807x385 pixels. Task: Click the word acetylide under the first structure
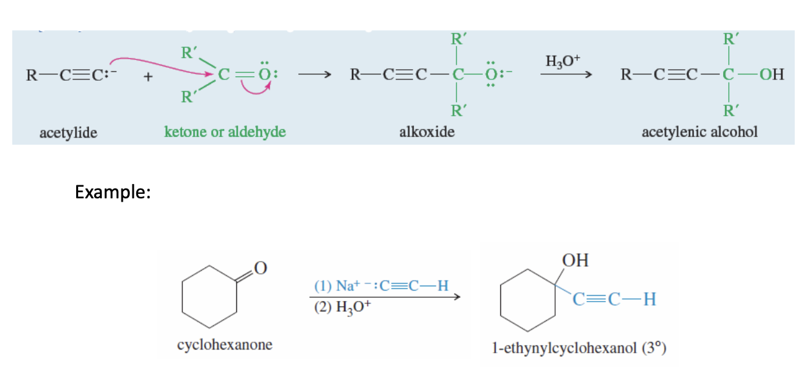tap(68, 132)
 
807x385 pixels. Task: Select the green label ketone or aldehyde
tap(225, 132)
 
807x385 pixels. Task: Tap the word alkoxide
tap(427, 132)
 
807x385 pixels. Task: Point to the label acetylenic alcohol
tap(699, 132)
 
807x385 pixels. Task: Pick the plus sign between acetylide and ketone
tap(148, 78)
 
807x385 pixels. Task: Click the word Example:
tap(112, 192)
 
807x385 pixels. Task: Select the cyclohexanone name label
tap(225, 344)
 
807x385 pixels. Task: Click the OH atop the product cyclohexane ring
tap(575, 260)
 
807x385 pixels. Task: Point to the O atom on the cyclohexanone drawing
tap(260, 266)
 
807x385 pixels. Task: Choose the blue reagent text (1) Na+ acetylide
tap(381, 286)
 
